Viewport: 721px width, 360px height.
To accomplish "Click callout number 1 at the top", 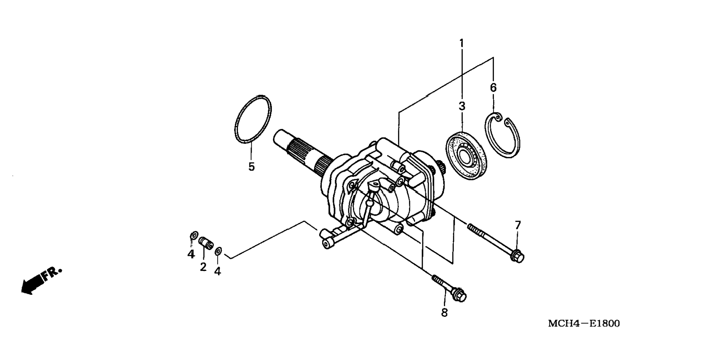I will pyautogui.click(x=462, y=43).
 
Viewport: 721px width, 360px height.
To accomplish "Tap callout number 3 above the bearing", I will pyautogui.click(x=462, y=106).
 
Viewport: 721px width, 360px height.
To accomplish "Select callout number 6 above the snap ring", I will pyautogui.click(x=493, y=88).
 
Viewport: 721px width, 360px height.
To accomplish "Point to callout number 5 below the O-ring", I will pyautogui.click(x=252, y=167).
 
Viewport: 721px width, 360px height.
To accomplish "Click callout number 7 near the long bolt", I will pyautogui.click(x=518, y=225).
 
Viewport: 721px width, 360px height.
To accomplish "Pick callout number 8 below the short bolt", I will pyautogui.click(x=444, y=313).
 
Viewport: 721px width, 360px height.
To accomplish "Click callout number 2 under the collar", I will pyautogui.click(x=203, y=267).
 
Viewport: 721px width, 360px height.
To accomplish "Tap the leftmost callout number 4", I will pyautogui.click(x=191, y=254).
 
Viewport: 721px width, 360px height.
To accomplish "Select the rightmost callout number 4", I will pyautogui.click(x=218, y=271).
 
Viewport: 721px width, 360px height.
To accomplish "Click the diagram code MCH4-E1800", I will pyautogui.click(x=584, y=323).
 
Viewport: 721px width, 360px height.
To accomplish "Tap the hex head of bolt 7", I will pyautogui.click(x=517, y=257).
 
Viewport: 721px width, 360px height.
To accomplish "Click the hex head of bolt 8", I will pyautogui.click(x=460, y=295).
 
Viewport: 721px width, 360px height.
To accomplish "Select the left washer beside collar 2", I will pyautogui.click(x=193, y=235).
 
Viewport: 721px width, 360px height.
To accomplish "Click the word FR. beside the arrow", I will pyautogui.click(x=51, y=273).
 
